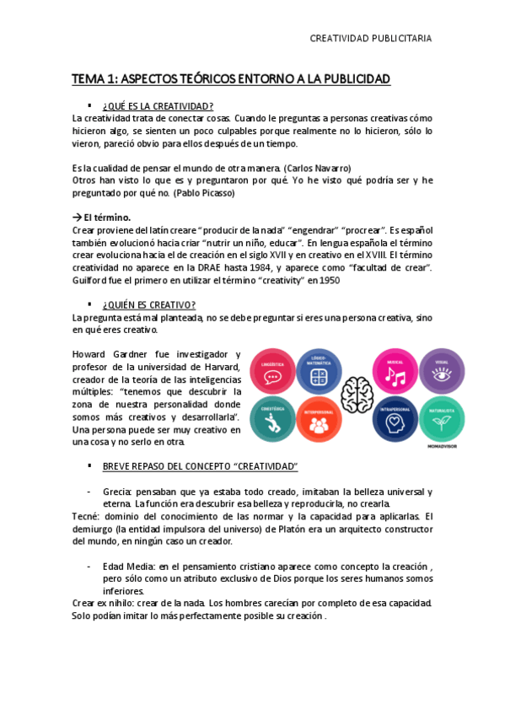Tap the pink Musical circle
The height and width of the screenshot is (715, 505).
point(395,371)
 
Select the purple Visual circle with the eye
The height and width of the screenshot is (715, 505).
point(442,371)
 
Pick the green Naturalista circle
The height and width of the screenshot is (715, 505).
point(442,418)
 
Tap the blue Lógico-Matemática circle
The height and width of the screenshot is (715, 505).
point(319,371)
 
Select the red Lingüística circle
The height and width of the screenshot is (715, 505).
point(271,371)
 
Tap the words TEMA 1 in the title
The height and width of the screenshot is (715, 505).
point(94,79)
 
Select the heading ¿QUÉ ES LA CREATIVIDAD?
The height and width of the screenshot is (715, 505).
point(158,105)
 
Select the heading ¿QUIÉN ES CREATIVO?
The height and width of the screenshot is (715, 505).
point(149,304)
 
